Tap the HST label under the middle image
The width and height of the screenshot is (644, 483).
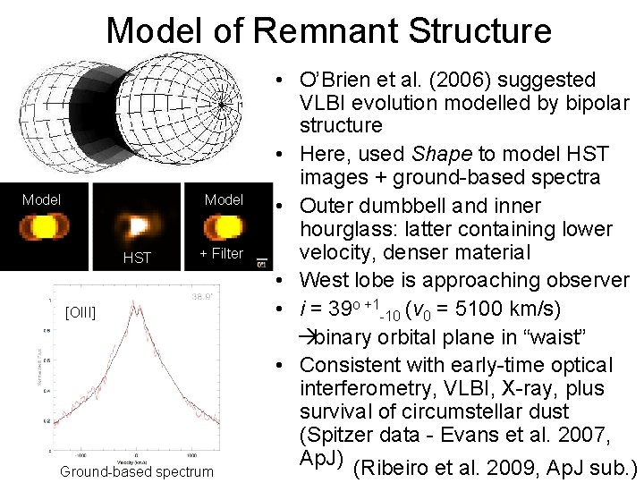(137, 258)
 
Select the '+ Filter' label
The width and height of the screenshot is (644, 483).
(221, 253)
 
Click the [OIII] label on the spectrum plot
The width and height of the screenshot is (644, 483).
(80, 312)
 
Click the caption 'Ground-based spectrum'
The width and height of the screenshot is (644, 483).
(137, 471)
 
